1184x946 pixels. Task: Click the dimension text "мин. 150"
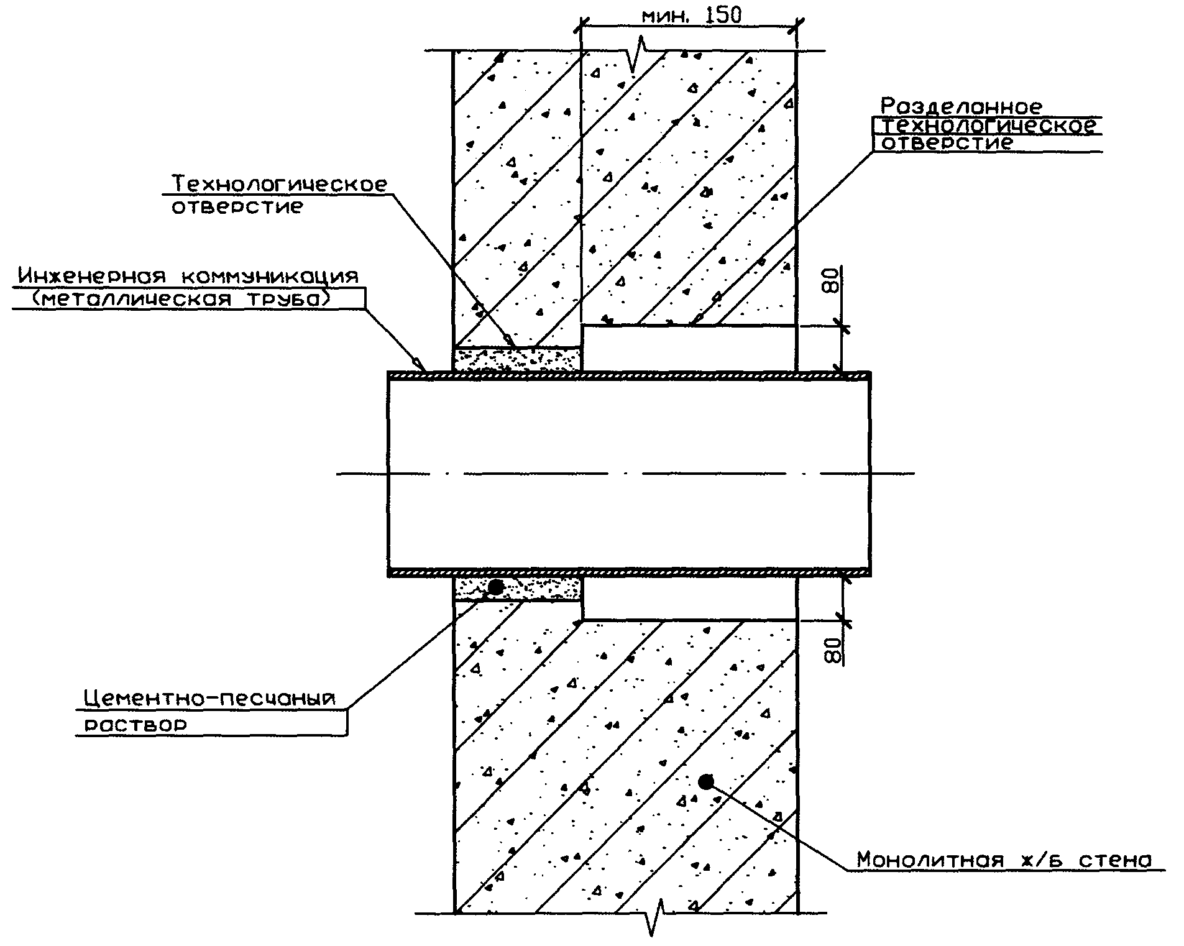coord(691,16)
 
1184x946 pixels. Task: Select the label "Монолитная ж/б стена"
coord(1004,860)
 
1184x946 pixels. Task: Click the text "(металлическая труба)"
coord(180,300)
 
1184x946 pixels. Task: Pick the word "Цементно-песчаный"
coord(209,699)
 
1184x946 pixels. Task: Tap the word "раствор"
coord(135,725)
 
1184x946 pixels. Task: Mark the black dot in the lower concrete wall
coord(705,781)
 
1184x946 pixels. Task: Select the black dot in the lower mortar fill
coord(496,586)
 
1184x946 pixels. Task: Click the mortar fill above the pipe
coord(518,360)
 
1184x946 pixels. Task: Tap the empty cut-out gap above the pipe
coord(689,349)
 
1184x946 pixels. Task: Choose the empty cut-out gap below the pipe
coord(689,598)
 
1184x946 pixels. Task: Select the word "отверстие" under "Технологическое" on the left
coord(237,207)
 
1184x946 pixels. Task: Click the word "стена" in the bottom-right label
coord(1115,860)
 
